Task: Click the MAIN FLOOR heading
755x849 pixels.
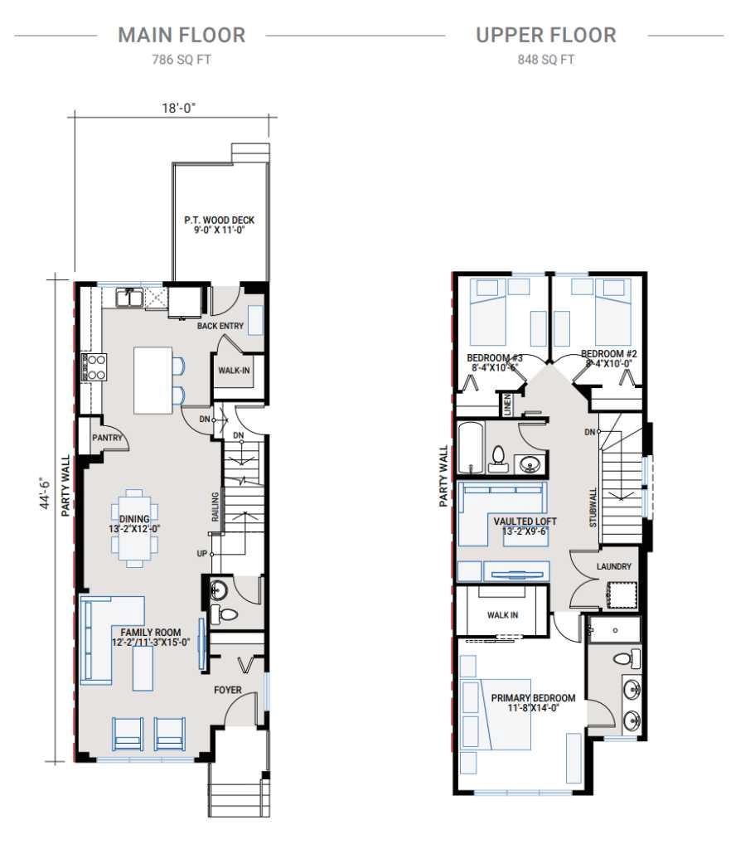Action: [181, 35]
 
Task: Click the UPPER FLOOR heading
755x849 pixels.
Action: [545, 35]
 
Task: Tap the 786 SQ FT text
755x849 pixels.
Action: [181, 60]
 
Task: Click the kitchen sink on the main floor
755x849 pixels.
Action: [131, 296]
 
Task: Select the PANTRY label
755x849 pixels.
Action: [107, 438]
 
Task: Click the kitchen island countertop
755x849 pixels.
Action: [152, 380]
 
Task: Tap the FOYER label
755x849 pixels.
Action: [228, 690]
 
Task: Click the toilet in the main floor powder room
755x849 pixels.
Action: [225, 615]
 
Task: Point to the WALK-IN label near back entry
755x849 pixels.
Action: [234, 370]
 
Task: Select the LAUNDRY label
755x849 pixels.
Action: [613, 567]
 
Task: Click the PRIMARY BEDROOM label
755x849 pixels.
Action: [532, 698]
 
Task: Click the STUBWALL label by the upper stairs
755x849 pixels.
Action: [593, 507]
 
